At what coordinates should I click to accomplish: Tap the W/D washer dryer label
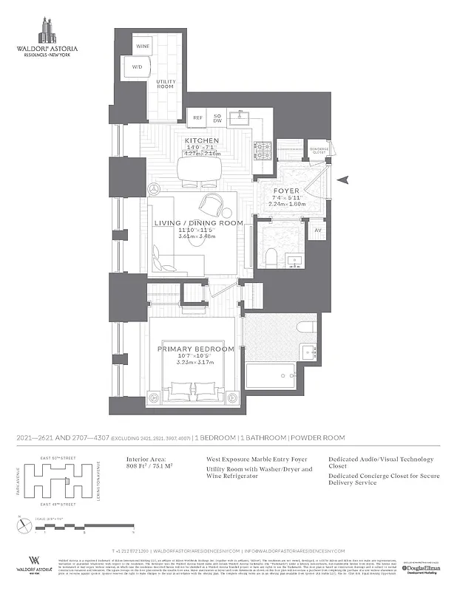[138, 67]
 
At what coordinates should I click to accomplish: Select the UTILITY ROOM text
[166, 85]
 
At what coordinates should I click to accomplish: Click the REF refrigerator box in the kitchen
[197, 117]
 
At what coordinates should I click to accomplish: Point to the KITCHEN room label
[201, 140]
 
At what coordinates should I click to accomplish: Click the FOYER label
[286, 191]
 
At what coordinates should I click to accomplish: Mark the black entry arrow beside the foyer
[342, 180]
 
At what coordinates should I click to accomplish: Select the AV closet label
[319, 230]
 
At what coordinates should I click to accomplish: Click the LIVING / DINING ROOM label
[198, 223]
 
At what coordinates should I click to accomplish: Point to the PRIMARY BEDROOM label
[197, 349]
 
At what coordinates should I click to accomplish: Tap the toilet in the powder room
[270, 256]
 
